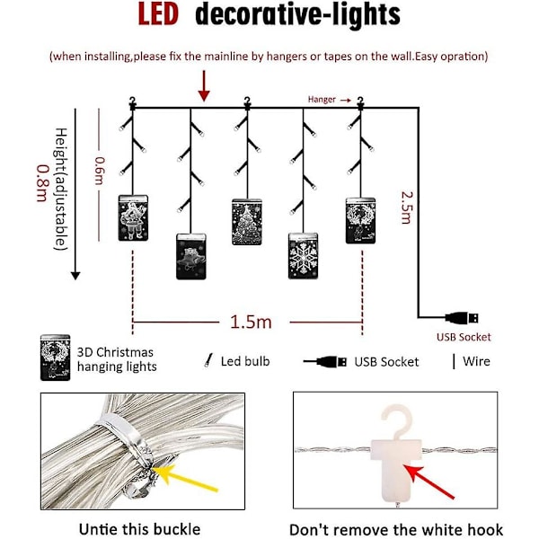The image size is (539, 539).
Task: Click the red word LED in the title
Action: pyautogui.click(x=164, y=16)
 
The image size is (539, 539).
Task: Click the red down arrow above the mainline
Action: pyautogui.click(x=205, y=85)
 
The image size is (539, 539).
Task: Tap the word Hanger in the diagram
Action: pyautogui.click(x=322, y=100)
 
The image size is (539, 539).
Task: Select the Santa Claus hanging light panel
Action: pyautogui.click(x=132, y=216)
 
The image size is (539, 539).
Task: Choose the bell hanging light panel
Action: pyautogui.click(x=190, y=256)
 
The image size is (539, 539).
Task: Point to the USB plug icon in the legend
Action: pyautogui.click(x=325, y=361)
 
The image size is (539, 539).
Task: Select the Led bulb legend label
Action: pyautogui.click(x=243, y=361)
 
